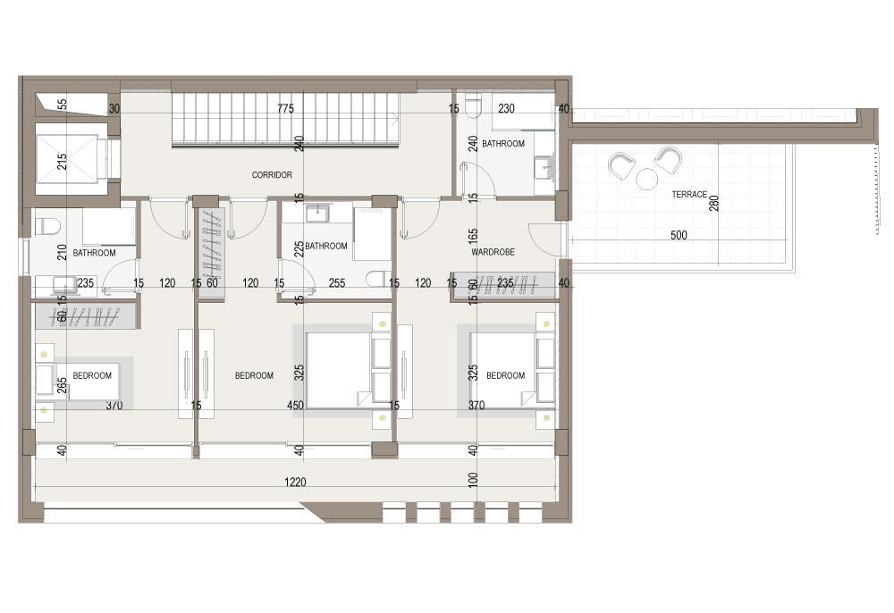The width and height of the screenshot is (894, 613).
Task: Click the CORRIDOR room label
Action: (272, 175)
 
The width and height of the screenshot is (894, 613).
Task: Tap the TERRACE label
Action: (689, 194)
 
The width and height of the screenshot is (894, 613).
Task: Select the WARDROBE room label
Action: (493, 252)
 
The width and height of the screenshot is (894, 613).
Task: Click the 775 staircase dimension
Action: (286, 108)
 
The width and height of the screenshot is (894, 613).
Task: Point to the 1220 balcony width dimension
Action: (295, 483)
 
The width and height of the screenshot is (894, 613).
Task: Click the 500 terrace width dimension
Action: (679, 235)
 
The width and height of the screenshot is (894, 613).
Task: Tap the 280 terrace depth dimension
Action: (713, 204)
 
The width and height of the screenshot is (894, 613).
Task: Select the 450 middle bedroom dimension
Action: (295, 405)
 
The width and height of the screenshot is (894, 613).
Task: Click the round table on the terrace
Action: (646, 180)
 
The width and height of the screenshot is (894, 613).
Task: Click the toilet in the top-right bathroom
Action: (473, 106)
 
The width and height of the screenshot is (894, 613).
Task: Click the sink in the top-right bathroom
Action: (544, 168)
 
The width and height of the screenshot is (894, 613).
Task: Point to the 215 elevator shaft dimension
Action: (63, 161)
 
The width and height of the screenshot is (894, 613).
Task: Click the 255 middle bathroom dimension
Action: (337, 282)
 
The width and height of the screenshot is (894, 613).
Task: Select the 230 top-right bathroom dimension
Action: (506, 108)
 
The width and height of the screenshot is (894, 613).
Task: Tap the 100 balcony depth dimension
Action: (473, 479)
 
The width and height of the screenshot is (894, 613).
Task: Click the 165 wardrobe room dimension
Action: (473, 237)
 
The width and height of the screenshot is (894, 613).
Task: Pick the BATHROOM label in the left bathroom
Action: (94, 252)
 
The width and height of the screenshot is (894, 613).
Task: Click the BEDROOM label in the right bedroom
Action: (506, 375)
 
